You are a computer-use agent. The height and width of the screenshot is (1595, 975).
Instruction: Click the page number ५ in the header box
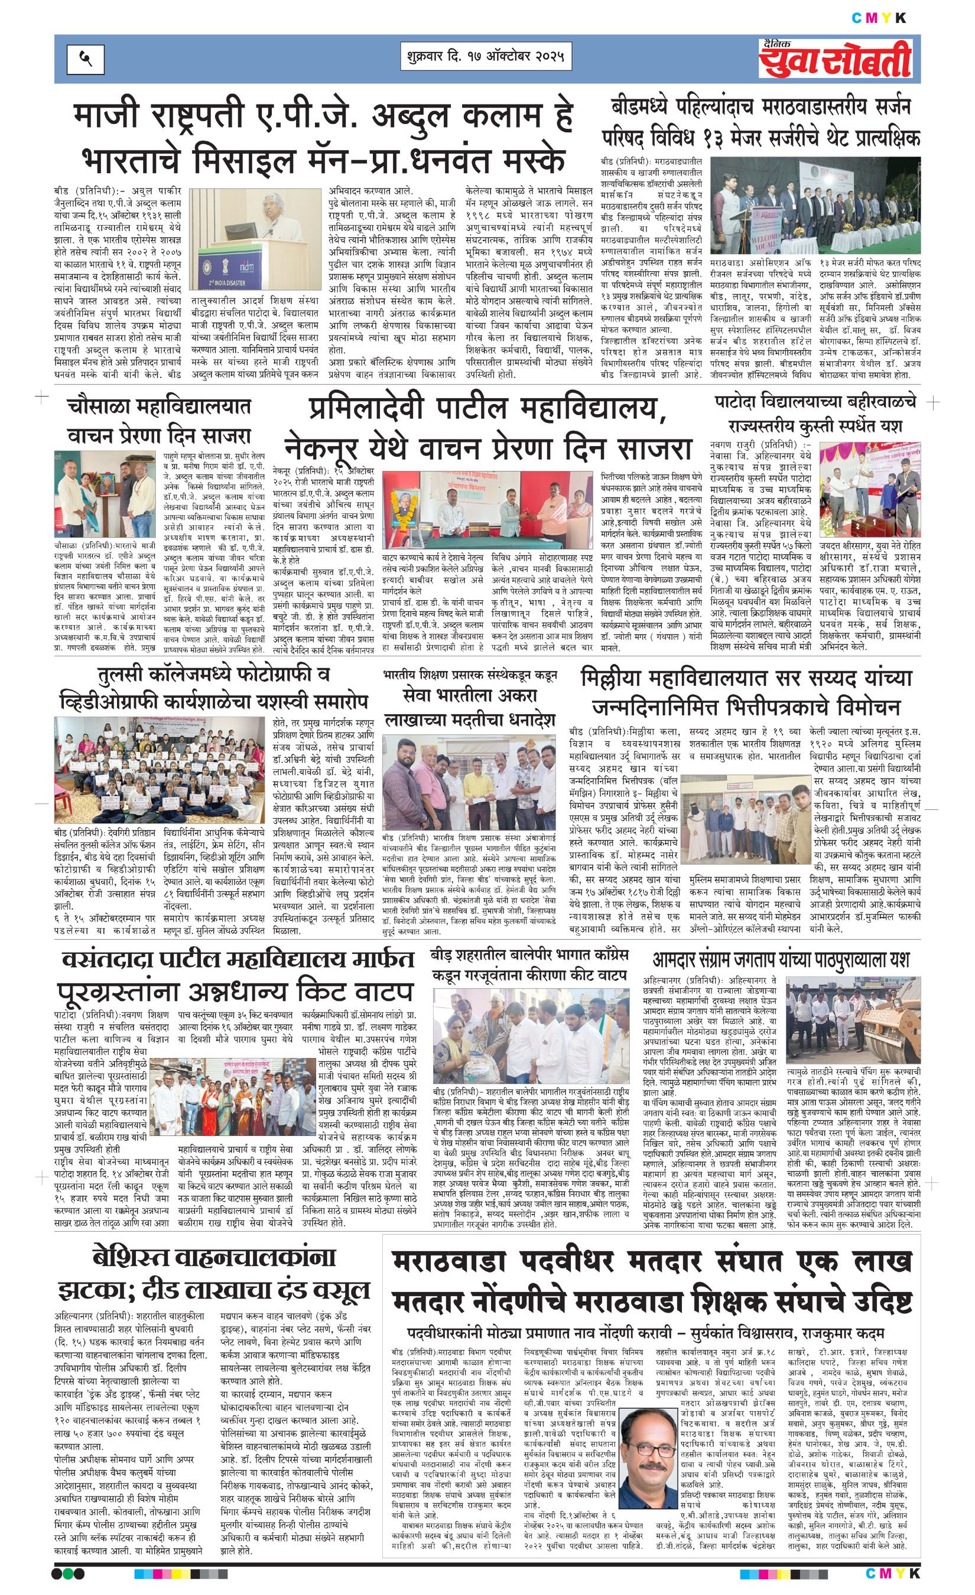coord(86,60)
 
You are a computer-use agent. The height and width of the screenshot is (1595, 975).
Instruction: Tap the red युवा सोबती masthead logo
coord(836,59)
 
